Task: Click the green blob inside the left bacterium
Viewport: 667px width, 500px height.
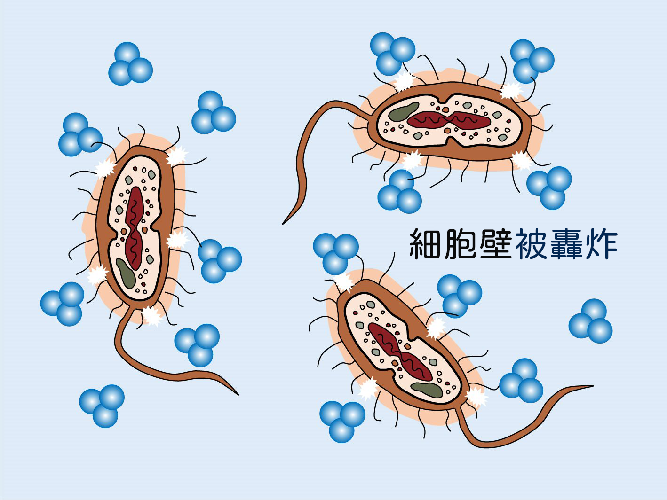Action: coord(126,273)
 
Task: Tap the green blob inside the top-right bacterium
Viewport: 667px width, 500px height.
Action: coord(404,111)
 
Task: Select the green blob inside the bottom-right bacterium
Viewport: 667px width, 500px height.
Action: coord(426,390)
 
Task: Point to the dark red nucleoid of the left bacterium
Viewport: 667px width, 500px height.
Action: coord(135,228)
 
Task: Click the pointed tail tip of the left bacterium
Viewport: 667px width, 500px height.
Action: coord(238,395)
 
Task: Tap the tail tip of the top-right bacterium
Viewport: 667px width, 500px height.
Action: coord(283,224)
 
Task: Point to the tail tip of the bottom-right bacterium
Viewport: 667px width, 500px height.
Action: coord(593,386)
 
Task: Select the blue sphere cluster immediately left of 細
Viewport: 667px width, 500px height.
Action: coord(336,254)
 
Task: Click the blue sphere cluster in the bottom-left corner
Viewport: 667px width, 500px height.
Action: coord(102,406)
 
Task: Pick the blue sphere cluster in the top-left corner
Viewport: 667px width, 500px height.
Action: coord(130,64)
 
